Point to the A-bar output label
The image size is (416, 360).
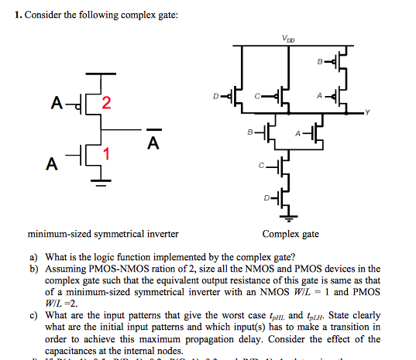click(153, 142)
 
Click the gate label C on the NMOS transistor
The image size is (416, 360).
click(263, 166)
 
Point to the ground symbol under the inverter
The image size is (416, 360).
click(98, 183)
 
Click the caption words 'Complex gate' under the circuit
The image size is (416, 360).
click(291, 233)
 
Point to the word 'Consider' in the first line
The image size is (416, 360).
click(43, 15)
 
